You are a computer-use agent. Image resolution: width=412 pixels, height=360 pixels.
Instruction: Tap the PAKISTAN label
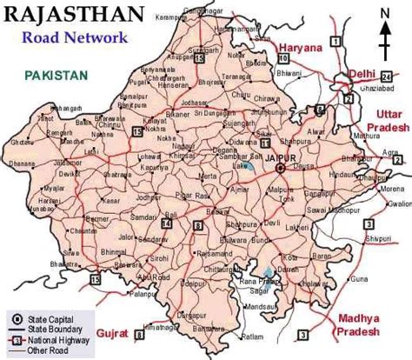pos(56,76)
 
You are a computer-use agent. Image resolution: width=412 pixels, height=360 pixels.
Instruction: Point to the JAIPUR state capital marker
pos(280,170)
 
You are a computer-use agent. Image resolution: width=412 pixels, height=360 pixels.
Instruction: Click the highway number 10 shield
pos(283,57)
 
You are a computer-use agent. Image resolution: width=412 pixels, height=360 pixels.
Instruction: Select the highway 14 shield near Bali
pos(166,223)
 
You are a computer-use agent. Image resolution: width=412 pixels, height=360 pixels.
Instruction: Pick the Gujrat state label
pos(114,334)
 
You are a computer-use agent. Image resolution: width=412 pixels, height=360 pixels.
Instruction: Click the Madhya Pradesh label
pos(358,323)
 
